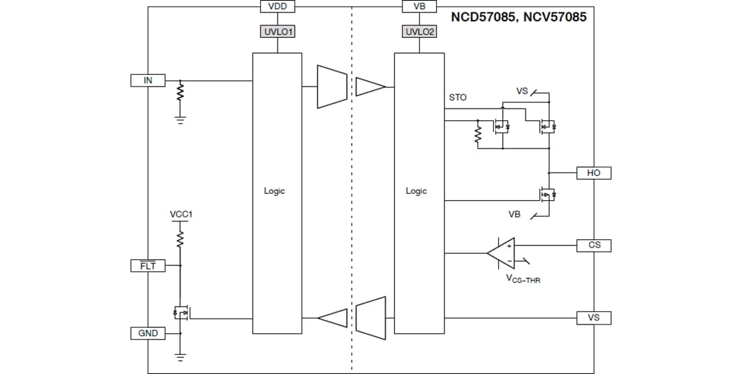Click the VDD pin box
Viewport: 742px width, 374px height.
(x=278, y=6)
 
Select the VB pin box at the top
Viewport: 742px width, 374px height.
(x=418, y=6)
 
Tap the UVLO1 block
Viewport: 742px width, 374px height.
(x=278, y=32)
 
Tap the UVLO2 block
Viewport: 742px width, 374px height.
(x=418, y=32)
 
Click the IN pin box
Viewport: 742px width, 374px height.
(x=148, y=80)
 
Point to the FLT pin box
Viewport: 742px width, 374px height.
(x=148, y=265)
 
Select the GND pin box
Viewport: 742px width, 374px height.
(x=148, y=333)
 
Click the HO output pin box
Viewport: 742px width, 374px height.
(x=594, y=173)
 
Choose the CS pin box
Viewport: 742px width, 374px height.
(x=594, y=245)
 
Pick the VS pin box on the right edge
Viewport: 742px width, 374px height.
(x=594, y=318)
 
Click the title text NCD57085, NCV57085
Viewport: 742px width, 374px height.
(x=518, y=17)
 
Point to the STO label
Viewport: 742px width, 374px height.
(x=458, y=98)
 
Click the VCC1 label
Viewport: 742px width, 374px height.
(x=181, y=214)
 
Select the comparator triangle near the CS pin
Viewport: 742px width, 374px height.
(x=502, y=253)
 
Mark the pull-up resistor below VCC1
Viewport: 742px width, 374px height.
(x=181, y=238)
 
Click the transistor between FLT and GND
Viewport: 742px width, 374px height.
(x=181, y=313)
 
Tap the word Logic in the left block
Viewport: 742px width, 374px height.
(x=274, y=191)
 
